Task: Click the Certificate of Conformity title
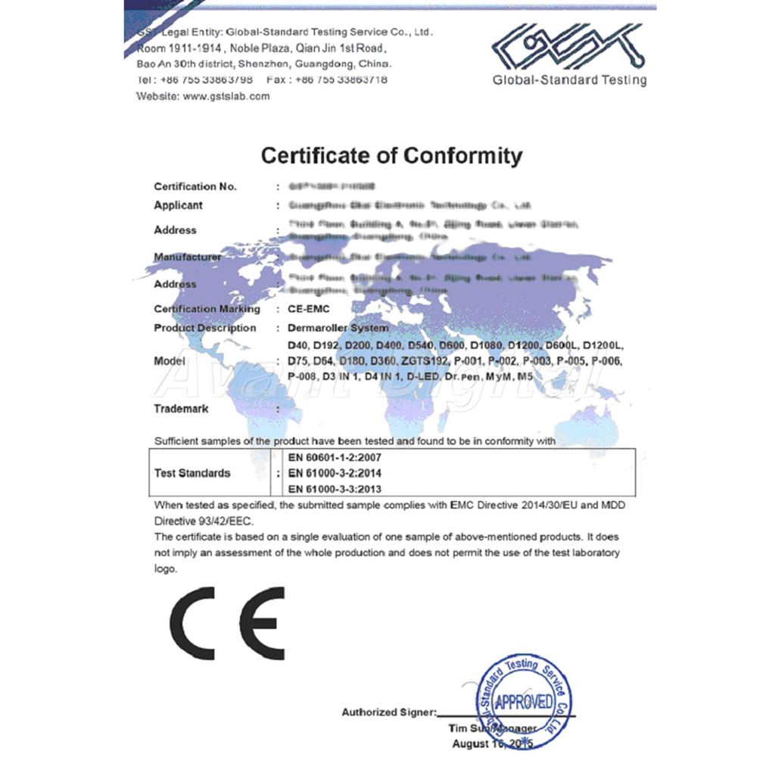click(x=391, y=156)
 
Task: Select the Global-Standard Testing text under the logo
click(x=569, y=80)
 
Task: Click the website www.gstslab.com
click(x=226, y=96)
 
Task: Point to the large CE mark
click(x=227, y=621)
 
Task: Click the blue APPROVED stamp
click(x=522, y=701)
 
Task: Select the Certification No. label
click(x=195, y=186)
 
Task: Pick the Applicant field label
click(x=178, y=205)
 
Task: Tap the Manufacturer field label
click(x=188, y=257)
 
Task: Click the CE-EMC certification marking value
click(x=310, y=309)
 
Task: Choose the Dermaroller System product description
click(x=338, y=328)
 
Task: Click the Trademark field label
click(x=181, y=409)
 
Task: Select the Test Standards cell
click(x=192, y=473)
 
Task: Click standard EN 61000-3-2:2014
click(x=335, y=473)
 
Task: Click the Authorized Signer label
click(x=388, y=712)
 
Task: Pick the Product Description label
click(x=204, y=328)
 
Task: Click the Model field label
click(x=170, y=361)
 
